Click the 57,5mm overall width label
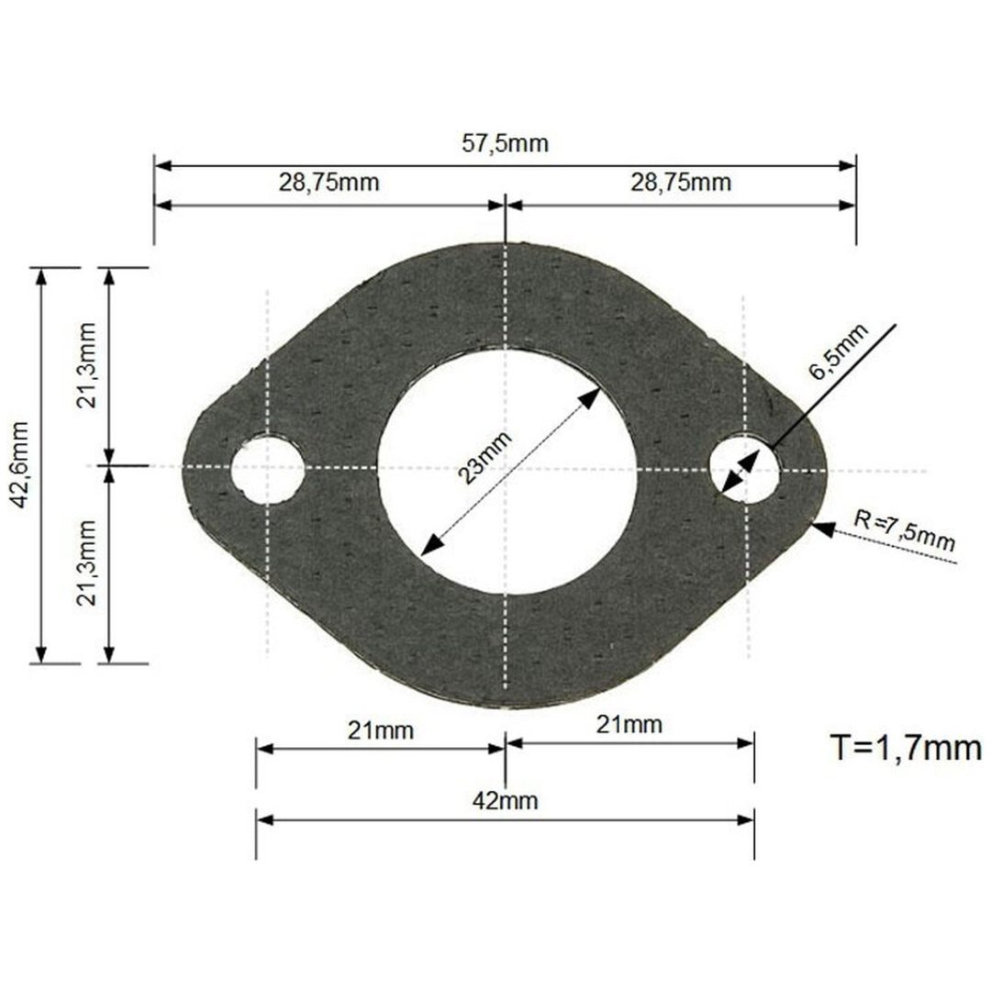click(x=505, y=143)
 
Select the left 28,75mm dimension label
click(x=328, y=183)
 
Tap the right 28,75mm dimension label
click(x=681, y=183)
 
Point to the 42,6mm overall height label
click(x=19, y=464)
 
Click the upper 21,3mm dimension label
click(x=86, y=365)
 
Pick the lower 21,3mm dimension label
click(x=86, y=563)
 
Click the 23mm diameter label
click(x=484, y=458)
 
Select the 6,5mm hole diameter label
click(x=839, y=351)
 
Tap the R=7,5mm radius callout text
click(x=905, y=529)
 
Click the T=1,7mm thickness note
click(x=906, y=748)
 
